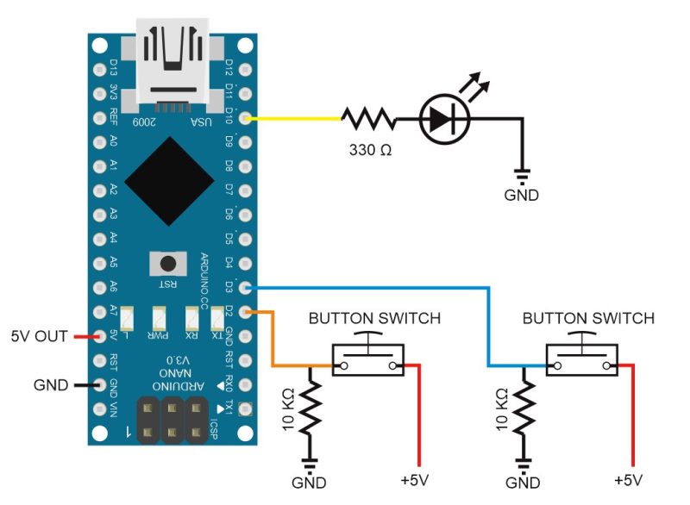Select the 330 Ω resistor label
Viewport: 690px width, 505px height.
tap(370, 150)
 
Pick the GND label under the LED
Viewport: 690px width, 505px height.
tap(522, 196)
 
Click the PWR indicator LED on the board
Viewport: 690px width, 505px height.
tap(160, 320)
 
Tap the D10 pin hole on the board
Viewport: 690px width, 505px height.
tap(248, 116)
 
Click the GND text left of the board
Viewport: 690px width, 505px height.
tap(50, 384)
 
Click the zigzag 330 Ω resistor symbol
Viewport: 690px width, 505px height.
tap(369, 118)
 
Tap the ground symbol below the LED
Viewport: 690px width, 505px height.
tap(522, 172)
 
